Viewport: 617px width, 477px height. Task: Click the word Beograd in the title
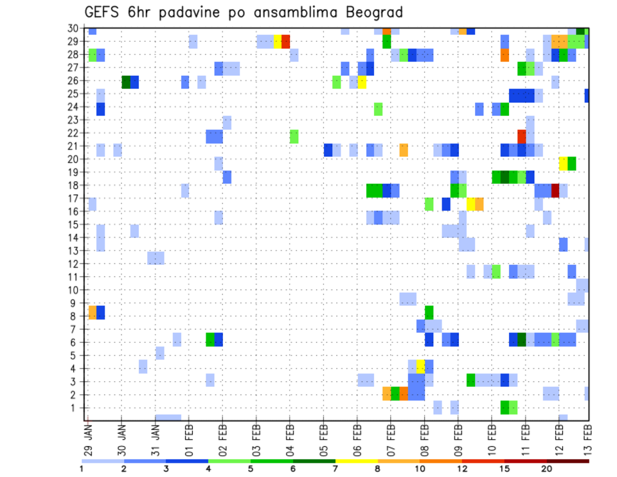(x=368, y=12)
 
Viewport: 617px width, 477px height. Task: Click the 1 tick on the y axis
(x=76, y=407)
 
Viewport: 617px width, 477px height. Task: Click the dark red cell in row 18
(x=555, y=190)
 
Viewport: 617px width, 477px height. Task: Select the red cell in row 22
(x=522, y=136)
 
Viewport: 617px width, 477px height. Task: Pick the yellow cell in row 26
(x=362, y=82)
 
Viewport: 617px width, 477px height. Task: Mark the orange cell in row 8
(x=92, y=312)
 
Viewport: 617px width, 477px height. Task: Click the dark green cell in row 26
(x=126, y=82)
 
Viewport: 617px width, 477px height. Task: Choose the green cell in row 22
(x=294, y=136)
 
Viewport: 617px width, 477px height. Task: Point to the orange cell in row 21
(x=404, y=150)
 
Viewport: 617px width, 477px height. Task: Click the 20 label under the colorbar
(x=546, y=468)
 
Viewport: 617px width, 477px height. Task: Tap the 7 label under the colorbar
(x=335, y=468)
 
